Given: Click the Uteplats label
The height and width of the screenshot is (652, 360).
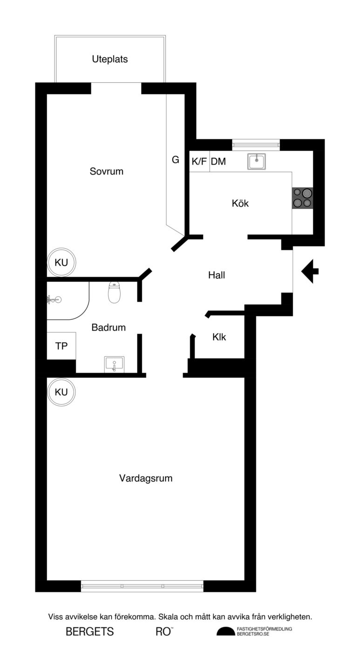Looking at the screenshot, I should (x=109, y=59).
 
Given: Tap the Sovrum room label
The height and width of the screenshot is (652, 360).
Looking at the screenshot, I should (x=107, y=171).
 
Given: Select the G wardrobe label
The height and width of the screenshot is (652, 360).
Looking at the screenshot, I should (x=176, y=160).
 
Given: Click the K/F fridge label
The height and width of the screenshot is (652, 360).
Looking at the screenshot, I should (x=199, y=162).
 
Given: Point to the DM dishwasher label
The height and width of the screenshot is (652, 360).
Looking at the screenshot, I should (x=218, y=162).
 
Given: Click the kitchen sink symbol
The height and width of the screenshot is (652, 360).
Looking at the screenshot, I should (x=257, y=161).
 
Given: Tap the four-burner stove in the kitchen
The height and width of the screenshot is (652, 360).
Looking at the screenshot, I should (x=302, y=197).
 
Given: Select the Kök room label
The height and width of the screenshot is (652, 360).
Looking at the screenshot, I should (x=240, y=204).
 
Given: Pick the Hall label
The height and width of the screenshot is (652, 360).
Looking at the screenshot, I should (x=217, y=275).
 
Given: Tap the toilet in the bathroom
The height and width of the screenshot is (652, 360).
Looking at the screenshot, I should (x=115, y=292).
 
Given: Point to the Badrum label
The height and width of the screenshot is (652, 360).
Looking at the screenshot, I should (x=109, y=327).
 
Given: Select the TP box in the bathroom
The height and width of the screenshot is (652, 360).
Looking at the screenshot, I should (x=61, y=346).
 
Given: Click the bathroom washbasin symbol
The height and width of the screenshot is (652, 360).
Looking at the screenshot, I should (x=114, y=363).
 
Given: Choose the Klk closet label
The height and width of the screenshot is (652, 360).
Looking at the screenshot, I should (x=219, y=337).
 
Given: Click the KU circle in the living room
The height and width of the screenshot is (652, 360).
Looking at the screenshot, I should (x=61, y=392).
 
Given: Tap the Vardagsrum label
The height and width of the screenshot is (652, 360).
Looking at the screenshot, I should (x=146, y=478).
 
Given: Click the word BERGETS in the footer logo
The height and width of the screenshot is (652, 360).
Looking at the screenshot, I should (x=90, y=632).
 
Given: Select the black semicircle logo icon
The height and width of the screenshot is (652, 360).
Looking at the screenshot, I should (x=226, y=632).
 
